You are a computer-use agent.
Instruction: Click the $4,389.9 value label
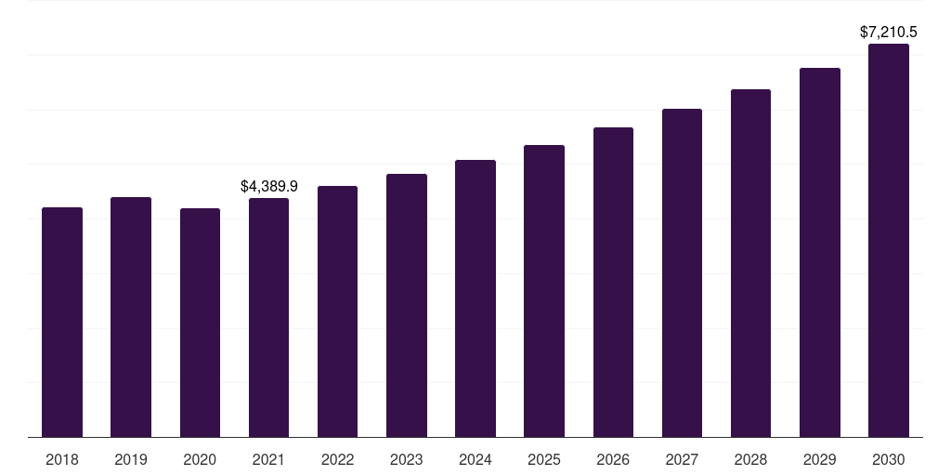tap(269, 187)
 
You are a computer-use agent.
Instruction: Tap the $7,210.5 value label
tap(889, 33)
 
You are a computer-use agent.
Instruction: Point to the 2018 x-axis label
tap(62, 459)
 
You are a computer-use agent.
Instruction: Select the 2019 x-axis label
tap(131, 459)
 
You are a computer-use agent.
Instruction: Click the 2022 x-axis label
tap(338, 459)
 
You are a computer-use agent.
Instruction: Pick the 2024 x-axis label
tap(475, 459)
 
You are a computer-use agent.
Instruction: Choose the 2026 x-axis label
tap(613, 459)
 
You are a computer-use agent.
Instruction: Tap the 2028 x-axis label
tap(750, 459)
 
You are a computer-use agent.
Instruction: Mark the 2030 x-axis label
tap(889, 459)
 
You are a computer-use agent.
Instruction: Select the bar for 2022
tap(338, 311)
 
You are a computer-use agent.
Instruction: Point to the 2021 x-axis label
tap(268, 459)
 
